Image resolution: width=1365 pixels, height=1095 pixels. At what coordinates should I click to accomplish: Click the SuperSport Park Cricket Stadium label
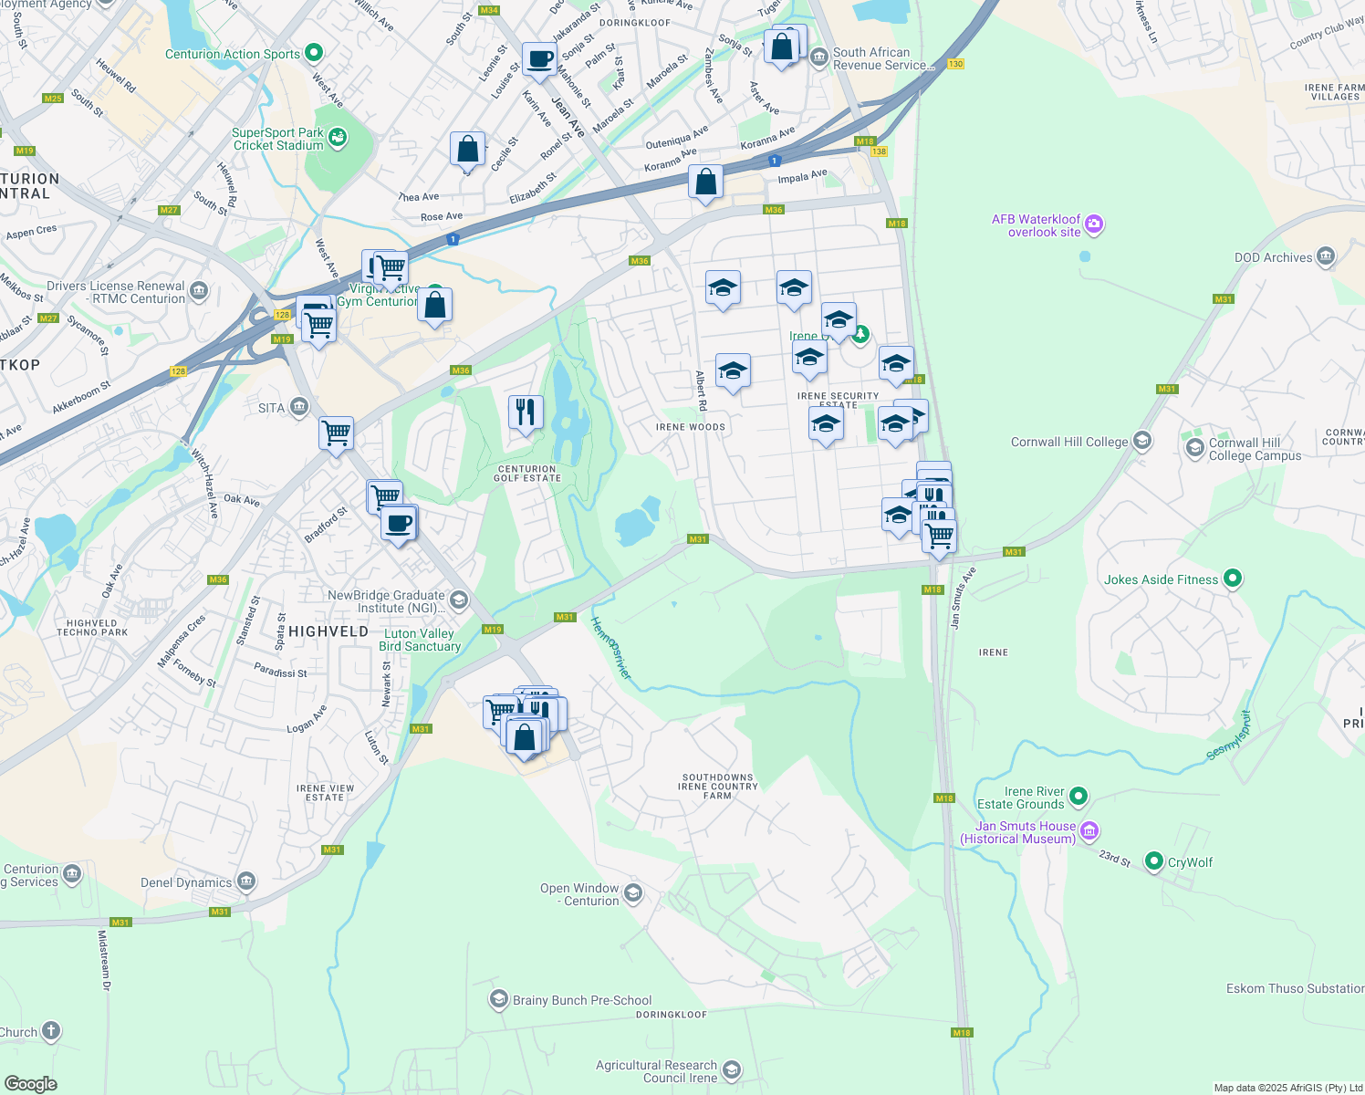(x=277, y=139)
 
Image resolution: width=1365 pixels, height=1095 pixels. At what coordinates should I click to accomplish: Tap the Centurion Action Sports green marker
(x=314, y=53)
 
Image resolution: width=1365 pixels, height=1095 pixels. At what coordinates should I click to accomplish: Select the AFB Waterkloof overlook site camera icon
(x=1094, y=224)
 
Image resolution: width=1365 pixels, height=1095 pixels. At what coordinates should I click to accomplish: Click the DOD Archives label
(x=1273, y=257)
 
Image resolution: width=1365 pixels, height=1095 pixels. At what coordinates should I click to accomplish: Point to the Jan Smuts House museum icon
(x=1089, y=831)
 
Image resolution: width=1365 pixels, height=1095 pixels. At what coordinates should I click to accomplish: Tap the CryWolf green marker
(x=1154, y=861)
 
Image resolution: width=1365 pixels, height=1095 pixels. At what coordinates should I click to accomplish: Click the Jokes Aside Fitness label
(x=1161, y=579)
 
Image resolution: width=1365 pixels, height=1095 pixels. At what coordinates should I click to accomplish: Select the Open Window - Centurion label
(x=579, y=894)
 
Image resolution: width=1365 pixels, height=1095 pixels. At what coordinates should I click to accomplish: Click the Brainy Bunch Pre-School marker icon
(x=498, y=1000)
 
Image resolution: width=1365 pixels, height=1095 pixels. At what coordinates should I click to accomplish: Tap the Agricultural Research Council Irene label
(x=656, y=1071)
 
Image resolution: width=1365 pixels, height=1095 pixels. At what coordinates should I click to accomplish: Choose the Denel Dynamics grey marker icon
(x=245, y=881)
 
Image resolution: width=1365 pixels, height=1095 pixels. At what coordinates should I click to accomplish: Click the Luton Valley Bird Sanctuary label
(x=420, y=640)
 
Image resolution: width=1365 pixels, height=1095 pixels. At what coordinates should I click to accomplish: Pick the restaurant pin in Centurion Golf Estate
(x=525, y=412)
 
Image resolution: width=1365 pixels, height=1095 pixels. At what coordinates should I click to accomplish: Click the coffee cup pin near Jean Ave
(x=539, y=59)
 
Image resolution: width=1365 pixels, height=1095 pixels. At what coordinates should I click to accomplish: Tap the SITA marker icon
(x=299, y=407)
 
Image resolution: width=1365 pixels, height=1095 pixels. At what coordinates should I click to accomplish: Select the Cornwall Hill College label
(x=1068, y=442)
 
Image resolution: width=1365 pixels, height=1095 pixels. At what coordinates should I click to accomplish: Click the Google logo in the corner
(x=31, y=1083)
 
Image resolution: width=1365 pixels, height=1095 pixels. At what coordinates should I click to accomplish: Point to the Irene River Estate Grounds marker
(x=1078, y=797)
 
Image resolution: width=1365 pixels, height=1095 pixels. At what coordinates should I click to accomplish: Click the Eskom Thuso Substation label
(x=1294, y=988)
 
